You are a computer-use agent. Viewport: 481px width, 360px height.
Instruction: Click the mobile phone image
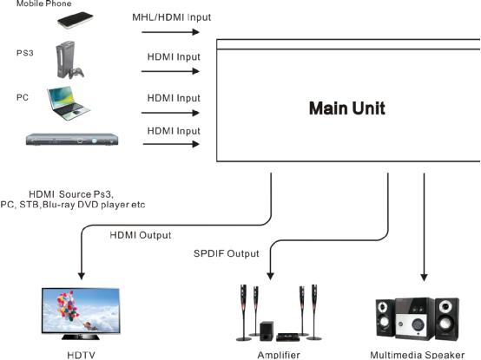76,20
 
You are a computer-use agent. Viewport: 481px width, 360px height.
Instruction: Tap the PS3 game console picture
69,60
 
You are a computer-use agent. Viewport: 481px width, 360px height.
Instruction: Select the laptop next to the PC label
69,103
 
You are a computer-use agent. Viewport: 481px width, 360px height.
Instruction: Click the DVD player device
72,140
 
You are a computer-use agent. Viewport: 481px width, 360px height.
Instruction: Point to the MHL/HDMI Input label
172,17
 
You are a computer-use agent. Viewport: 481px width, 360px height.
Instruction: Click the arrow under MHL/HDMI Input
170,32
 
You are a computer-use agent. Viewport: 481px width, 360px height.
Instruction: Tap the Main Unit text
347,108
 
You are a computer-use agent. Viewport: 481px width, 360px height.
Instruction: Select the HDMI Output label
141,235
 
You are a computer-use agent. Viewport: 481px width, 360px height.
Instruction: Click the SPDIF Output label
227,253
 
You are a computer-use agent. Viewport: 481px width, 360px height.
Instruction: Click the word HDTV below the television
81,355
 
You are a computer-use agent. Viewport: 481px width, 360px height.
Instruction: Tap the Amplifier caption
279,355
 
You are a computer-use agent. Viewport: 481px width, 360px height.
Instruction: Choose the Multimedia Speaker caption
418,355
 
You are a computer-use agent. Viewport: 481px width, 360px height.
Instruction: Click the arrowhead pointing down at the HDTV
82,276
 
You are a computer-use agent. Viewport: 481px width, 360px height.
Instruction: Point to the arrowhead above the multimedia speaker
424,278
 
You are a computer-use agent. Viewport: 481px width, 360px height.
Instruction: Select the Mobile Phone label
44,3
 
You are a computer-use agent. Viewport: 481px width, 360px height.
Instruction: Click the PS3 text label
25,53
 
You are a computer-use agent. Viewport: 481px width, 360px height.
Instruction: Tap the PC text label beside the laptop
23,97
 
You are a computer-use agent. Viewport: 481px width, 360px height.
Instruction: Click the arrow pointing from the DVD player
171,144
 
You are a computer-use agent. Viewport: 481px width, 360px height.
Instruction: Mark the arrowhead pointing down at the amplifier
270,276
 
